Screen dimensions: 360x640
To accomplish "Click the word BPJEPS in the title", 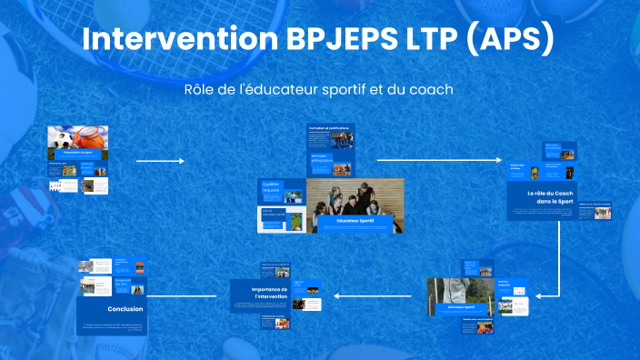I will tap(341, 40).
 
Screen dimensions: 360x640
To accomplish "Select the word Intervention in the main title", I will tap(176, 40).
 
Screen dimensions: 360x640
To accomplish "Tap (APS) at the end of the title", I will tap(509, 40).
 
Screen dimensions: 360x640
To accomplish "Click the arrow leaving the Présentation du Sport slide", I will tap(159, 162).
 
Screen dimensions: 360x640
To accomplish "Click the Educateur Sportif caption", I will tap(354, 220).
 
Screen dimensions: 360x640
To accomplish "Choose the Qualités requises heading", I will tap(271, 187).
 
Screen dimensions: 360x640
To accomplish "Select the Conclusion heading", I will tap(125, 309).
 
